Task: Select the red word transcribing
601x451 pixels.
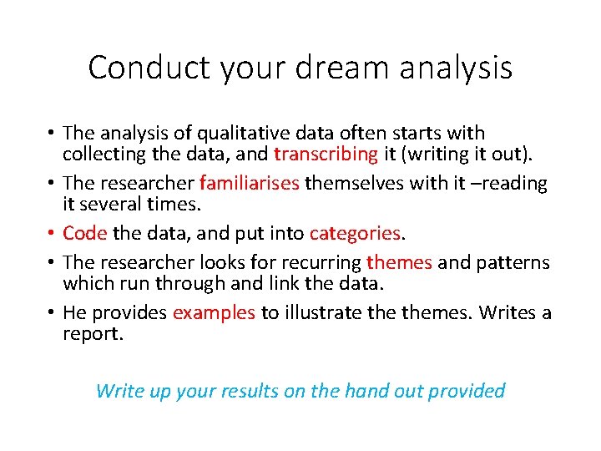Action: coord(326,154)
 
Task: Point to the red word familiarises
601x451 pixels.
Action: coord(250,183)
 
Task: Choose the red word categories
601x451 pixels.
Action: coord(356,233)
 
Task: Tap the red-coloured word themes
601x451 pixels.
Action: coord(399,263)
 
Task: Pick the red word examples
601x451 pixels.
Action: coord(214,313)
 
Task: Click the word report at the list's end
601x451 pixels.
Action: coord(93,334)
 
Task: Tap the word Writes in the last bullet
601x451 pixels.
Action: coord(503,313)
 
